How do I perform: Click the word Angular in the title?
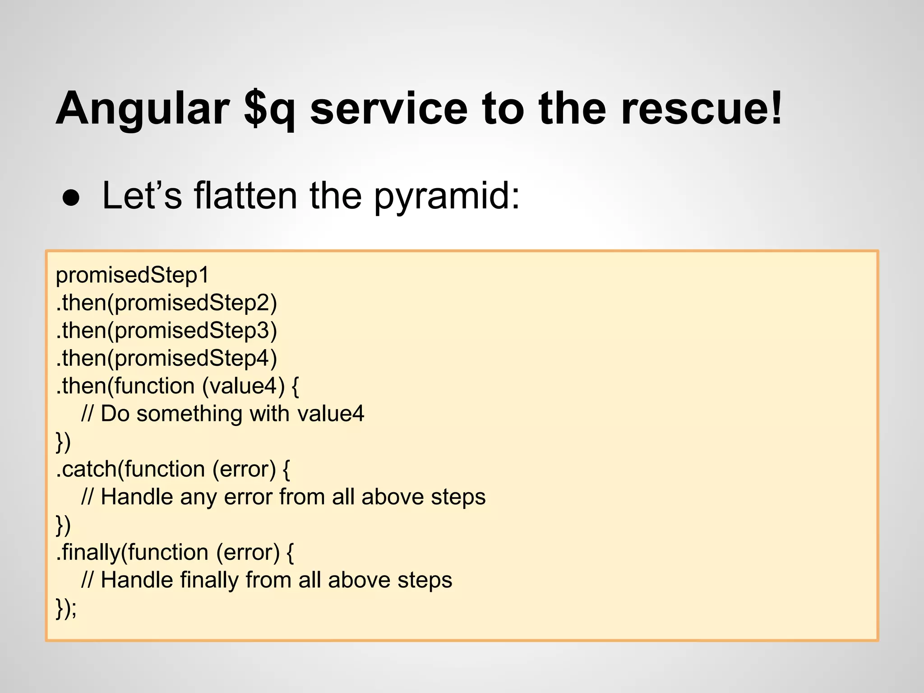[142, 108]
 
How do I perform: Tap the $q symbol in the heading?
[269, 108]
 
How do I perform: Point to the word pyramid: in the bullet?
[447, 197]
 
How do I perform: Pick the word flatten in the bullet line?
[245, 196]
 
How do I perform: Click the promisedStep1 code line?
[132, 275]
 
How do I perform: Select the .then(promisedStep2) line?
[166, 303]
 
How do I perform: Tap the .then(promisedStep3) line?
[166, 331]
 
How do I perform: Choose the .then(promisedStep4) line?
[166, 358]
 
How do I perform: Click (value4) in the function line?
[243, 386]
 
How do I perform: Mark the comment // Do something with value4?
[222, 414]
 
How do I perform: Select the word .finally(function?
[132, 552]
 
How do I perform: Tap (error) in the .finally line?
[248, 552]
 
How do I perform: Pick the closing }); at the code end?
[66, 608]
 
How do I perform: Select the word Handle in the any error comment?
[137, 497]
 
